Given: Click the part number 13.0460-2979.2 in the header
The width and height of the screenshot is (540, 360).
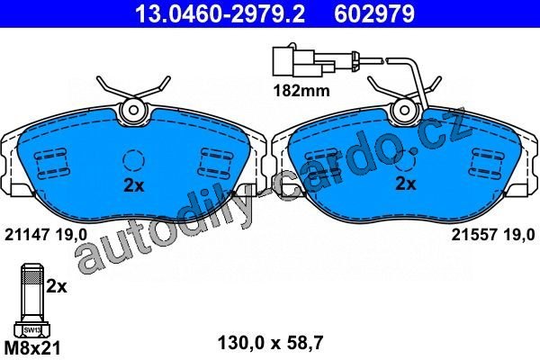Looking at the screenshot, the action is coord(220,13).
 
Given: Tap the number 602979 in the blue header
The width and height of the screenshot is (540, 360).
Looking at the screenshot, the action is coord(374,13).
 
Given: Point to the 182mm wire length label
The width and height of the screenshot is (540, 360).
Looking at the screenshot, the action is coord(301,91).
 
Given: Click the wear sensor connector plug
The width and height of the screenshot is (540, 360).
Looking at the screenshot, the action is coord(303,62).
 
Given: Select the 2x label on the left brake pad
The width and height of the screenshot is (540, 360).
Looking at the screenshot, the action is coord(134,186).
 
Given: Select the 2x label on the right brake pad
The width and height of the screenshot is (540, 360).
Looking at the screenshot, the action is coord(406,184).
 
